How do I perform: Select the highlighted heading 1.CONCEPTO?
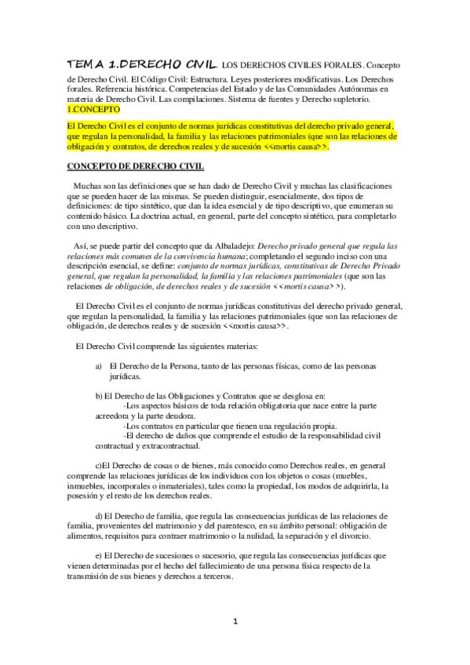pos(90,110)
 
